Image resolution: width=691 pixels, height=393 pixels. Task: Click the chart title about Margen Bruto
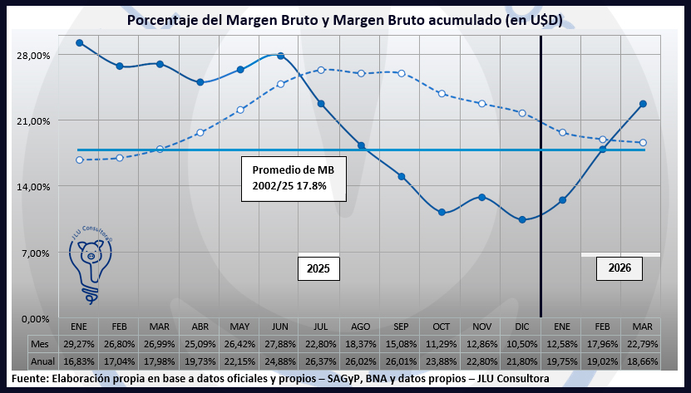tap(345, 20)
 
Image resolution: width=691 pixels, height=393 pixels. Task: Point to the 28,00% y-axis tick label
tap(34, 56)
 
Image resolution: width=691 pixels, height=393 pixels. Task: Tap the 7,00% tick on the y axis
tap(36, 253)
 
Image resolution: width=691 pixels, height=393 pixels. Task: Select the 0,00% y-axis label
tap(36, 318)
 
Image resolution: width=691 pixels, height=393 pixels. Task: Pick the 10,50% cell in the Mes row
tap(522, 343)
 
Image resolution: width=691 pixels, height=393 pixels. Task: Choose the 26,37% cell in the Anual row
tap(321, 362)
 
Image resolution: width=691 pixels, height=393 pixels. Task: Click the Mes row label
tap(40, 343)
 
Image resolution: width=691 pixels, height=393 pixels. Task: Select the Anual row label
tap(42, 362)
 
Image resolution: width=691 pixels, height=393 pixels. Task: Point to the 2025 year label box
tap(318, 268)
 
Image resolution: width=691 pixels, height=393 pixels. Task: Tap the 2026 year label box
tap(619, 268)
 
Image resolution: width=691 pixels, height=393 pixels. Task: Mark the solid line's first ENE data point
tap(79, 43)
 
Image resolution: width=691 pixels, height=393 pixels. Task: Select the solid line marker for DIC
tap(522, 220)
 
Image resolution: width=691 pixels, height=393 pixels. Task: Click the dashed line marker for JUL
tap(321, 70)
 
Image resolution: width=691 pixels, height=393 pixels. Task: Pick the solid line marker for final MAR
tap(643, 104)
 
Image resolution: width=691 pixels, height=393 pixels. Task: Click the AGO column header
tap(361, 326)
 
